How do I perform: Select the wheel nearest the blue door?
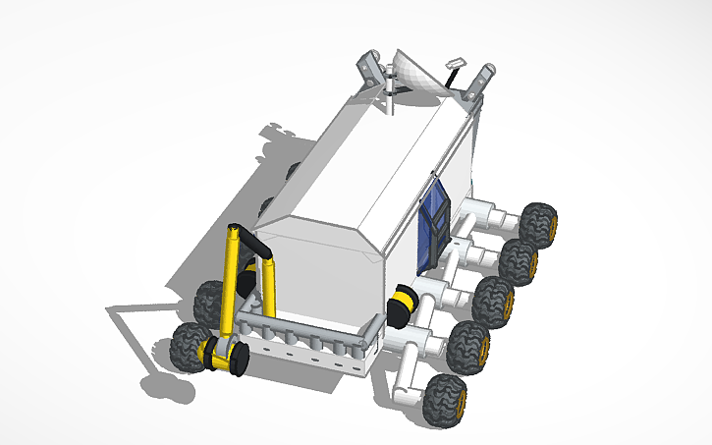537,224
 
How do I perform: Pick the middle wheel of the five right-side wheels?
493,301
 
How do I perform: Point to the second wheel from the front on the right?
467,347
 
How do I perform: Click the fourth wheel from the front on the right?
518,261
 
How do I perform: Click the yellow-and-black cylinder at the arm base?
223,355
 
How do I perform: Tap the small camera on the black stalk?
453,64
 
